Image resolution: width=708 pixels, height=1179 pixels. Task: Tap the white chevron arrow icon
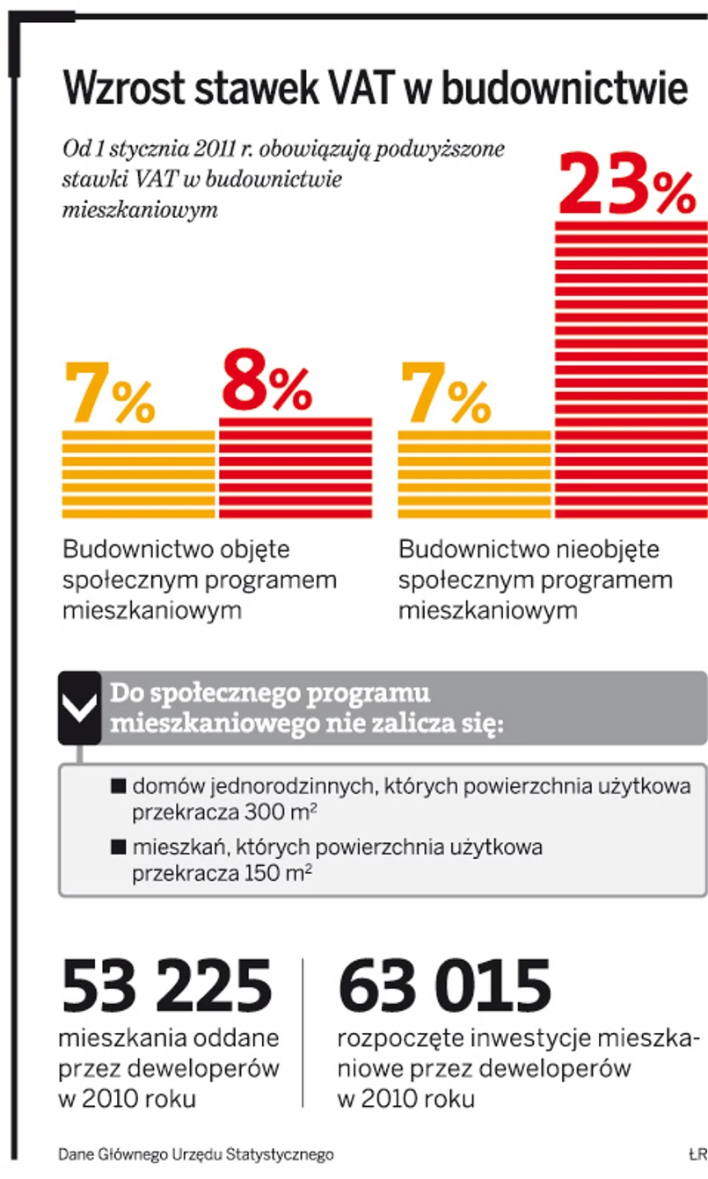click(x=80, y=709)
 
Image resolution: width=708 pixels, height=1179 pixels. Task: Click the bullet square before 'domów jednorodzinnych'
click(x=119, y=786)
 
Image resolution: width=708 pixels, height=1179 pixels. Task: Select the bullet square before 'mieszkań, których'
click(x=119, y=848)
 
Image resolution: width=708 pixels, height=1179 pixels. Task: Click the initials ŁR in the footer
click(x=697, y=1154)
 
